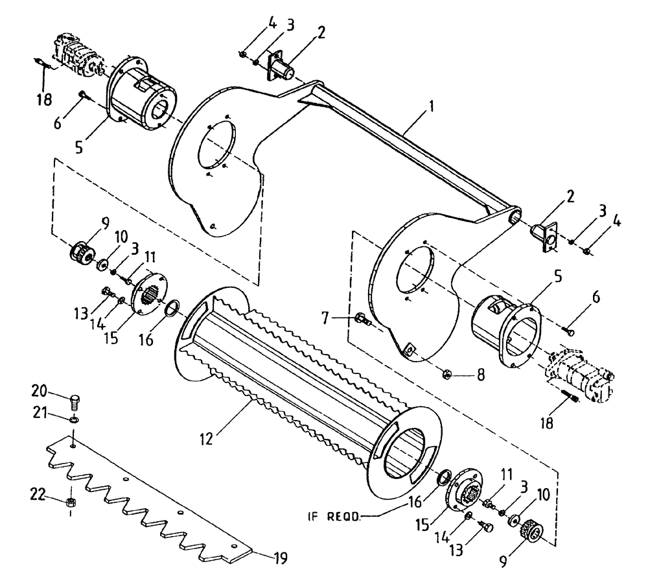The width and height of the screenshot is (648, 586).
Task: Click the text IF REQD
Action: pyautogui.click(x=334, y=517)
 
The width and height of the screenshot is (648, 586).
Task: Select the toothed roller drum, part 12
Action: pyautogui.click(x=305, y=376)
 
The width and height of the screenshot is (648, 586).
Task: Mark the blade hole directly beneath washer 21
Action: pyautogui.click(x=74, y=446)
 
